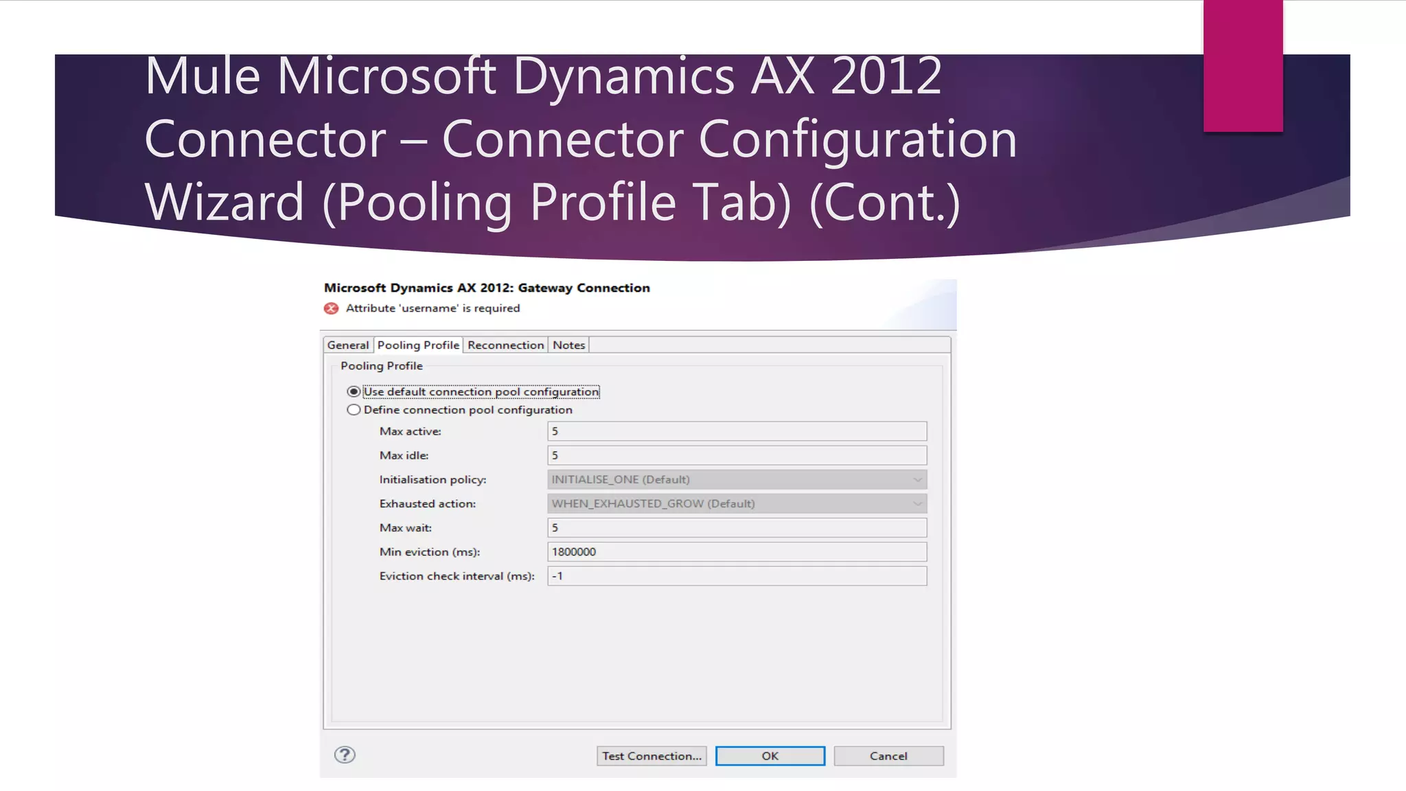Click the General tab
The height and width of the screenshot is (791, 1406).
pyautogui.click(x=348, y=345)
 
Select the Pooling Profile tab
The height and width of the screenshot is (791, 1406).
pyautogui.click(x=418, y=345)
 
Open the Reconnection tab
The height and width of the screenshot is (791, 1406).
pyautogui.click(x=505, y=345)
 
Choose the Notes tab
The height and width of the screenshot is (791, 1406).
pyautogui.click(x=568, y=345)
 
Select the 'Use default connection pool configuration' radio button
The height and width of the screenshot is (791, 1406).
pyautogui.click(x=354, y=392)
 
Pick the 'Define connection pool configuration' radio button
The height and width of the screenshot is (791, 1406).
pyautogui.click(x=354, y=410)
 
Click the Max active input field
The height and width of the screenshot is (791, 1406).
pyautogui.click(x=737, y=431)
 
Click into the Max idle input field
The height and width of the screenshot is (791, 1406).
pyautogui.click(x=737, y=455)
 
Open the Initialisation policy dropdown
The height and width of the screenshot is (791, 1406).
pyautogui.click(x=737, y=479)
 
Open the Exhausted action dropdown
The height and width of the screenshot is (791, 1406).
pyautogui.click(x=737, y=503)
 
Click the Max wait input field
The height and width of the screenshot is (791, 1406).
pyautogui.click(x=737, y=528)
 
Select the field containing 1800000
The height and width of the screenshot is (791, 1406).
pyautogui.click(x=737, y=552)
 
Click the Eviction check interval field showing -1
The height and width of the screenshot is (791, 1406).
pyautogui.click(x=737, y=576)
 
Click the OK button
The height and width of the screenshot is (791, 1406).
pyautogui.click(x=770, y=756)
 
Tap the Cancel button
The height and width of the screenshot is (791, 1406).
pyautogui.click(x=888, y=756)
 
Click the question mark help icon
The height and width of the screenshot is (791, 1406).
pyautogui.click(x=345, y=755)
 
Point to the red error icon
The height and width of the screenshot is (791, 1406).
pyautogui.click(x=332, y=308)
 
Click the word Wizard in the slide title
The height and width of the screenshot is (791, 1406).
pyautogui.click(x=224, y=202)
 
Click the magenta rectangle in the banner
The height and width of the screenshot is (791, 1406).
pyautogui.click(x=1243, y=65)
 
